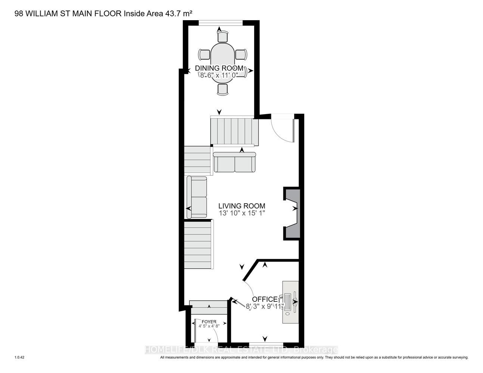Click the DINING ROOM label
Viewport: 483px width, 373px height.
(219, 68)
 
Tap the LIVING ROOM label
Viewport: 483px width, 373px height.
(242, 206)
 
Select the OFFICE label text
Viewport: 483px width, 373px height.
(265, 299)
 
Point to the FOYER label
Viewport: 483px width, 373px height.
(209, 322)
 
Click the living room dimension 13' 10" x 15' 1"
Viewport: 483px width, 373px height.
(242, 213)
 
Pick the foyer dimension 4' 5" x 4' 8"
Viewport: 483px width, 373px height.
(209, 326)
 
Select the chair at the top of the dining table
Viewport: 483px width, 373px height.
(222, 37)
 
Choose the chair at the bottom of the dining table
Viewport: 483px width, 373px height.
(222, 90)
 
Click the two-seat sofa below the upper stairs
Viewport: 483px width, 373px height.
(234, 162)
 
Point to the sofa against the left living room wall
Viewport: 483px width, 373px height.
(197, 197)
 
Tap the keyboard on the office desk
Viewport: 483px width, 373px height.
(287, 302)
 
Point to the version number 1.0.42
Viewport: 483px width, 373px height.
(19, 357)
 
